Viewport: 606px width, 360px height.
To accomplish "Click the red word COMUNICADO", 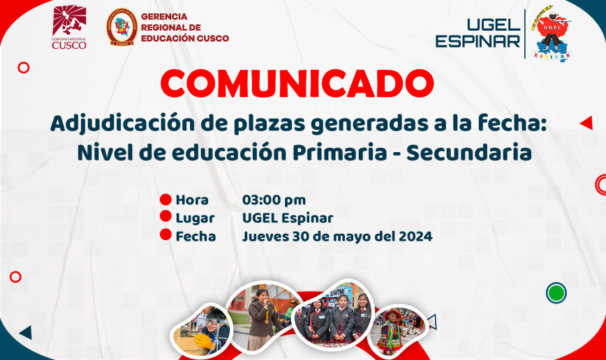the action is click(297, 83).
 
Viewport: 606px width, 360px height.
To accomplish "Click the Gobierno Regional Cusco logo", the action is click(69, 27).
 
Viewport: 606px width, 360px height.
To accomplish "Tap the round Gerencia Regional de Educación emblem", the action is click(122, 27).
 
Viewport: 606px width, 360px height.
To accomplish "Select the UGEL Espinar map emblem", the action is click(552, 33).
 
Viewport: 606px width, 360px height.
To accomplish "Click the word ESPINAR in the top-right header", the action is click(478, 41).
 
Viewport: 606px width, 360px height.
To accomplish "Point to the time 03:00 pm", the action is click(274, 200).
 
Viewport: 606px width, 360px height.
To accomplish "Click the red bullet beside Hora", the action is click(165, 200).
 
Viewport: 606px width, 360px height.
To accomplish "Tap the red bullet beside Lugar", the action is click(165, 216).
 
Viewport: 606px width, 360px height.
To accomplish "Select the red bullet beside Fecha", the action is click(165, 234).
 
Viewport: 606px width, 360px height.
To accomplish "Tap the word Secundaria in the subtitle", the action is click(468, 153).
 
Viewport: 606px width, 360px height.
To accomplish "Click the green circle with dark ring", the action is click(556, 292).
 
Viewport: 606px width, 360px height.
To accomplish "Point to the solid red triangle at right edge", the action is click(586, 123).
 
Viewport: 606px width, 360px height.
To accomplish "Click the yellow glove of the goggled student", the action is click(203, 340).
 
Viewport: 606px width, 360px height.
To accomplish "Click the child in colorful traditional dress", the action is click(390, 331).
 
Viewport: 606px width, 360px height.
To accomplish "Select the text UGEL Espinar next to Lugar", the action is click(288, 218).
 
